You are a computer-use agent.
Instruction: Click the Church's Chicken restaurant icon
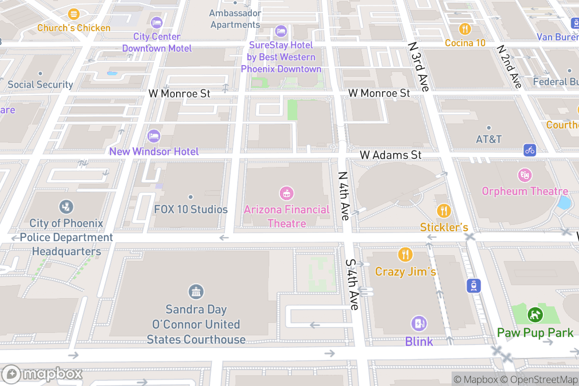click(x=74, y=14)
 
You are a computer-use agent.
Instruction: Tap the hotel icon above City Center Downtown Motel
click(x=156, y=22)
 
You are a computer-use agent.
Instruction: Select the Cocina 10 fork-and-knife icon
click(x=465, y=28)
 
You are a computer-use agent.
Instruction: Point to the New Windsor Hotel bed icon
click(x=154, y=136)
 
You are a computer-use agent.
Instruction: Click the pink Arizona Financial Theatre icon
click(x=287, y=193)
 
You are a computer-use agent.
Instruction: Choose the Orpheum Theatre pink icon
click(x=524, y=175)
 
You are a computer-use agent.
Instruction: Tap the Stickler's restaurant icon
click(x=443, y=211)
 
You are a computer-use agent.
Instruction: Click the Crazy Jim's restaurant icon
click(x=405, y=255)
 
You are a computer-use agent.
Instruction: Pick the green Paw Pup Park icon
click(x=535, y=315)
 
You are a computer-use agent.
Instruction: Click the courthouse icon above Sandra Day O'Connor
click(x=196, y=292)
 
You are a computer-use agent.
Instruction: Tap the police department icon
click(x=66, y=207)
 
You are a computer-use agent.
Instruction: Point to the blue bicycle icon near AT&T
click(x=530, y=150)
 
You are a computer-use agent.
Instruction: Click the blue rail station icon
click(x=473, y=286)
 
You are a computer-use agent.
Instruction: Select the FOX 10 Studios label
click(x=191, y=209)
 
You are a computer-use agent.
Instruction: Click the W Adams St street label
click(x=391, y=155)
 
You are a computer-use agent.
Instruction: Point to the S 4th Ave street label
click(x=352, y=285)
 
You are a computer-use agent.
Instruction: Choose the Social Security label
click(x=40, y=84)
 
